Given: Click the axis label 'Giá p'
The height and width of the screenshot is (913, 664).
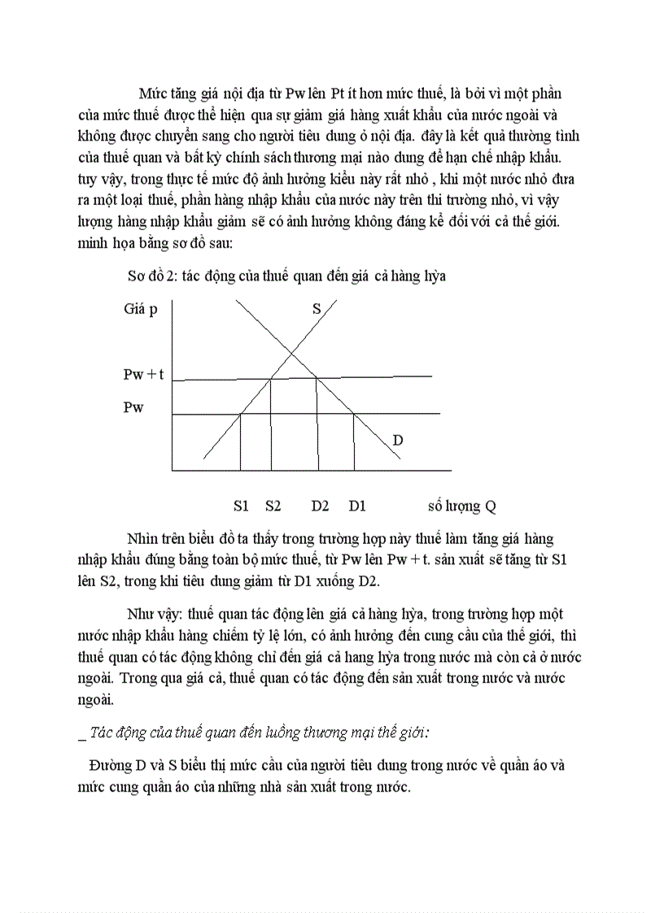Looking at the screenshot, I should pos(141,309).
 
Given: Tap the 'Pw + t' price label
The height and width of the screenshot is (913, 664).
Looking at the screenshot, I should pos(143,375).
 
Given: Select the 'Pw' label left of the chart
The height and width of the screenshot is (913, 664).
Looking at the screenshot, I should pos(133,407).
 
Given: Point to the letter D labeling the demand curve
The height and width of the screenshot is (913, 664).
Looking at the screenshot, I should pos(398,440).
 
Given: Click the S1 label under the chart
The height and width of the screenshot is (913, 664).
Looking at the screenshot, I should pos(241,506).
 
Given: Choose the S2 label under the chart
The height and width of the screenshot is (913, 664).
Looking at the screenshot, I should pos(273,506).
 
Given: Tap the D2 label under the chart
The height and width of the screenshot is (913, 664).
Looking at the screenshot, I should pos(320,506).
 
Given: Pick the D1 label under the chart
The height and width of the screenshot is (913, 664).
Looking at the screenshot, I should pos(357,506).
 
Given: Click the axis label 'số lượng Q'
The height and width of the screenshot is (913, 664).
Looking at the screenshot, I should pos(461,506).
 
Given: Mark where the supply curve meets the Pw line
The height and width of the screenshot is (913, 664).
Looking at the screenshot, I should pos(240,414).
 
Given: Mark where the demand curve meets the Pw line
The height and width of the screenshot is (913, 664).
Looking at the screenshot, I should pos(354,414).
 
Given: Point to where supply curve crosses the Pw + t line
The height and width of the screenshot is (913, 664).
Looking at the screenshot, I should pos(271,378).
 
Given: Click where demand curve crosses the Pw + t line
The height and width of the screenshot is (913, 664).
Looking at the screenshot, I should pos(316,378).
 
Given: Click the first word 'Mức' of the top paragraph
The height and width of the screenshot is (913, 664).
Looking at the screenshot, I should pos(151,93).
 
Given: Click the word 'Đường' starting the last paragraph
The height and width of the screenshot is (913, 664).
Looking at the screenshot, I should pos(111,766).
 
